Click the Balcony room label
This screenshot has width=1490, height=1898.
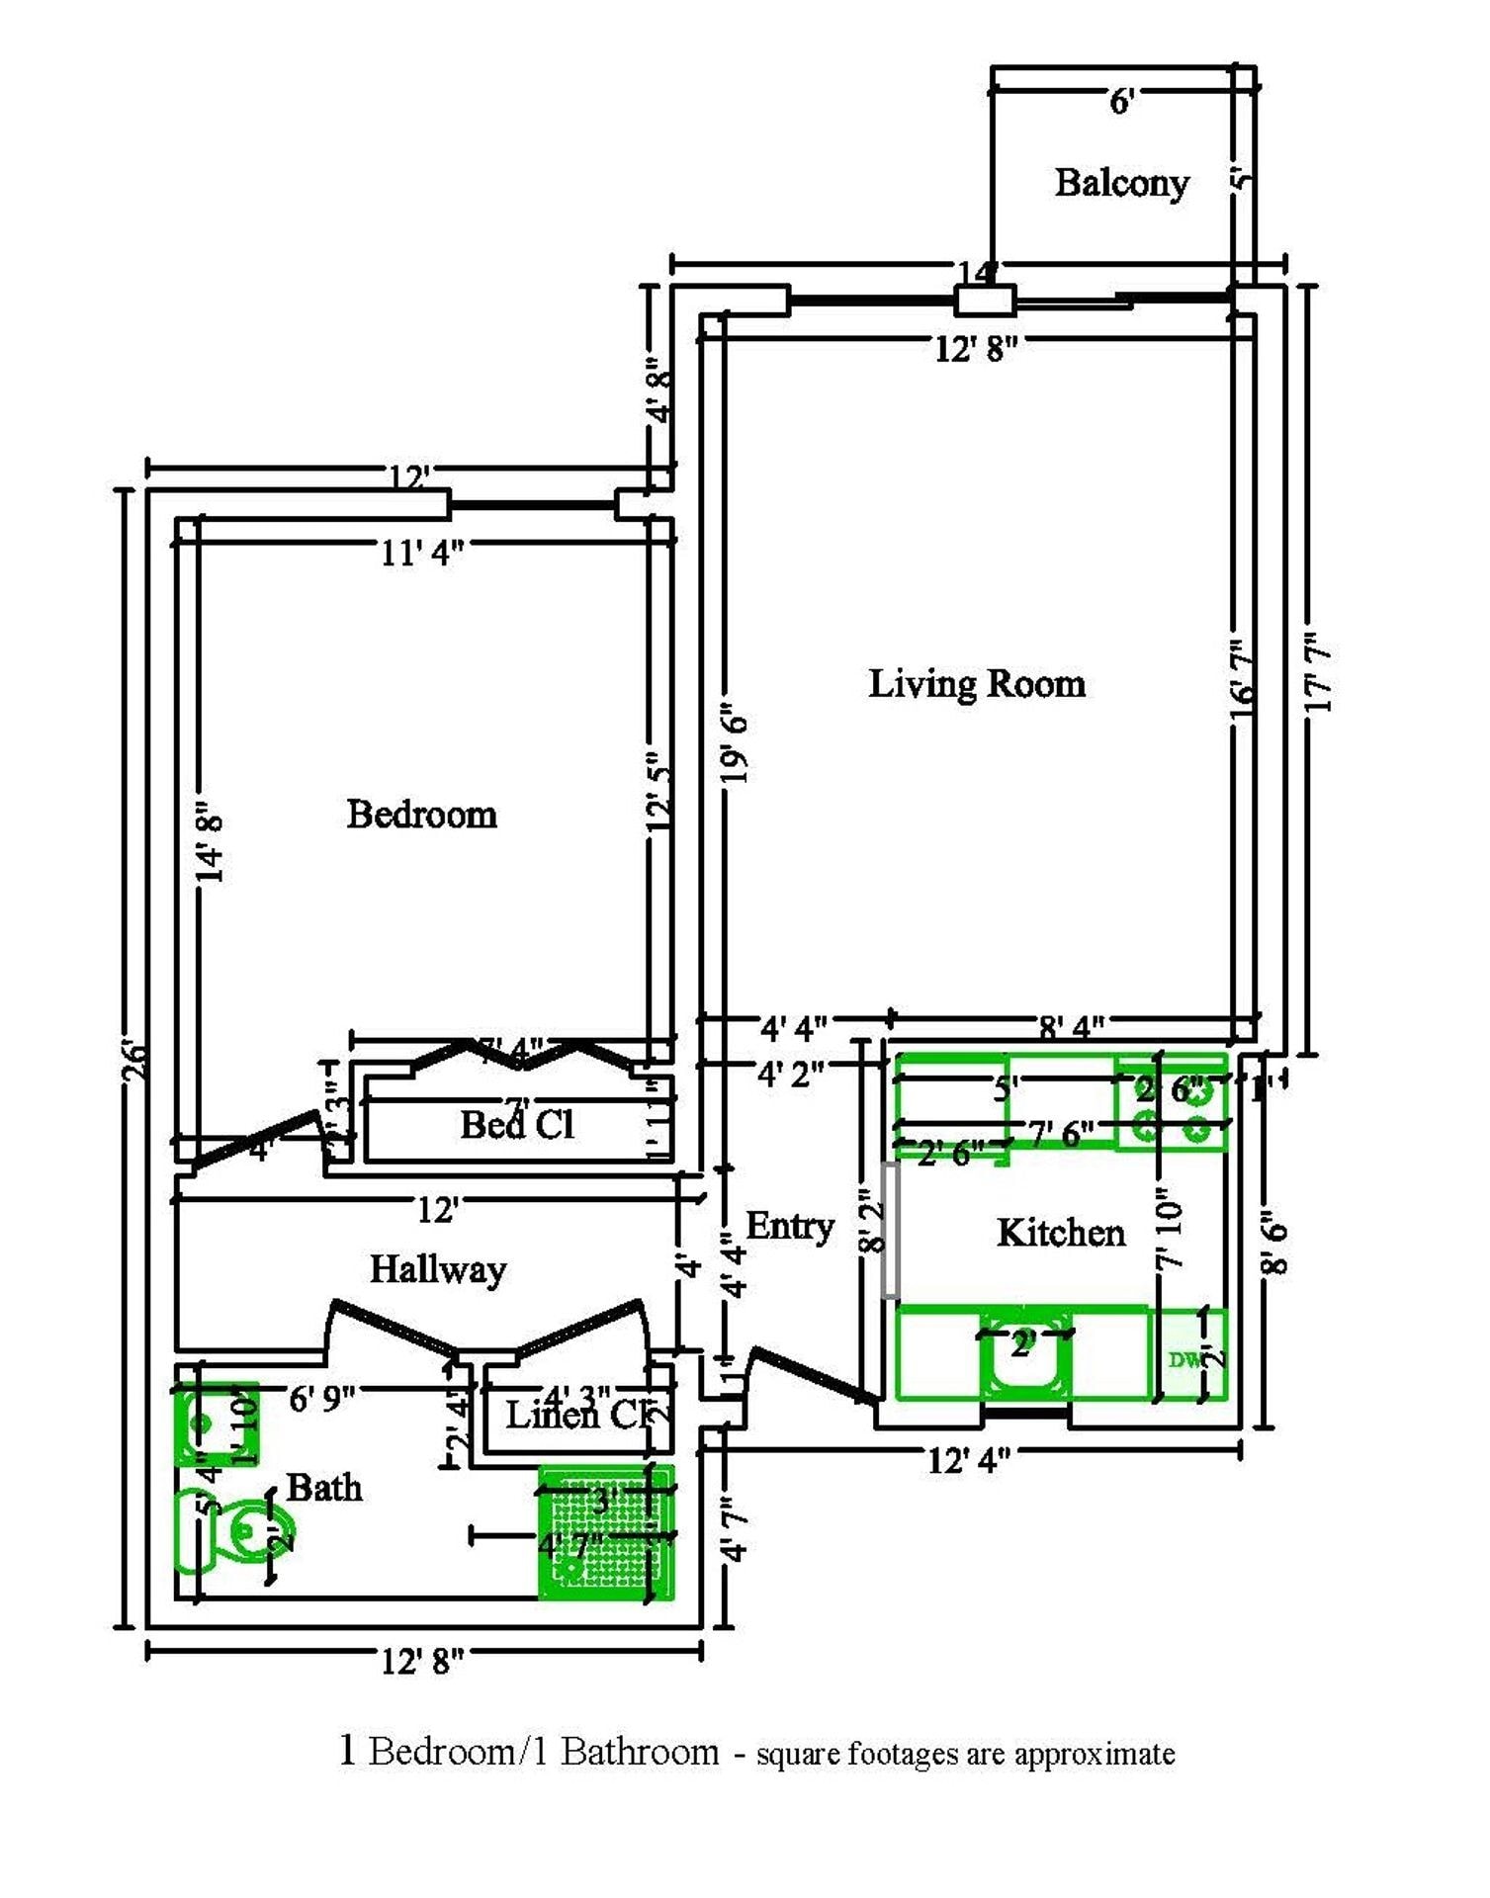tap(1121, 183)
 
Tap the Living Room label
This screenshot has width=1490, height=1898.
tap(976, 684)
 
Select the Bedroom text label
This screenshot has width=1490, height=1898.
tap(421, 815)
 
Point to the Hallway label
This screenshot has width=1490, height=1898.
tap(437, 1269)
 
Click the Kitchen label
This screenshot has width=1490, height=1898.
tap(1060, 1233)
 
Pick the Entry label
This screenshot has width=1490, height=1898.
tap(789, 1226)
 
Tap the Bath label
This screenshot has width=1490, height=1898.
tap(323, 1487)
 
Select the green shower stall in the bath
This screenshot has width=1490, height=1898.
tap(605, 1533)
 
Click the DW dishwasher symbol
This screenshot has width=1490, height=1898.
tap(1185, 1359)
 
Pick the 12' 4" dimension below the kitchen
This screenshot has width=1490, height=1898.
tap(968, 1460)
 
